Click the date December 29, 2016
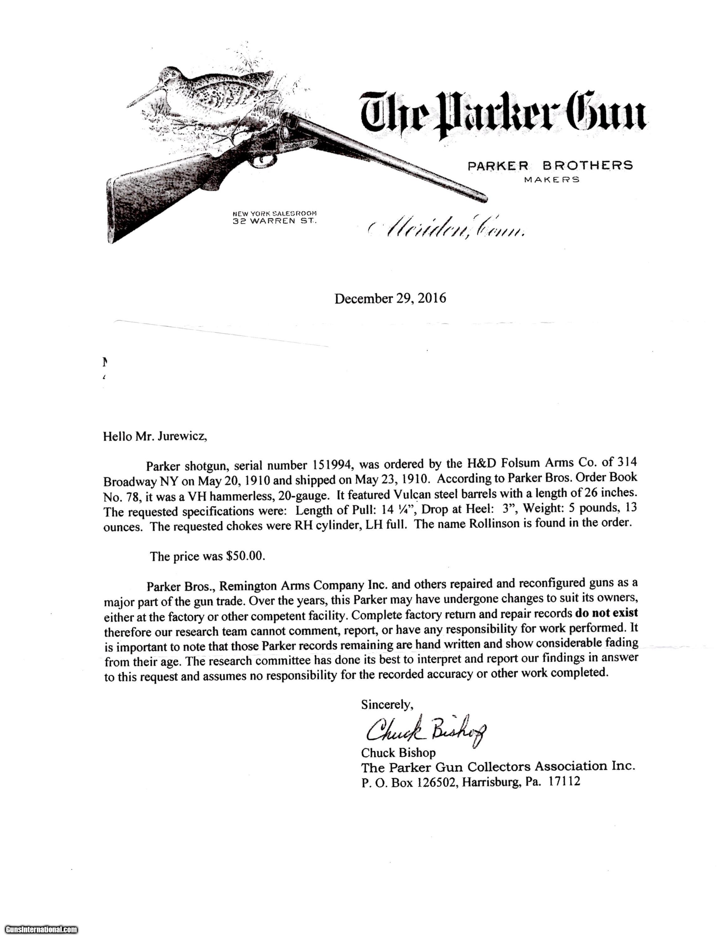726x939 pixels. click(x=390, y=298)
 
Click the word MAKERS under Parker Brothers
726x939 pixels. click(x=551, y=180)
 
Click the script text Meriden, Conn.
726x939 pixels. click(x=447, y=230)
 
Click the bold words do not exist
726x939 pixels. click(x=606, y=612)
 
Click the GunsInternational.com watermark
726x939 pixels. click(x=39, y=929)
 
